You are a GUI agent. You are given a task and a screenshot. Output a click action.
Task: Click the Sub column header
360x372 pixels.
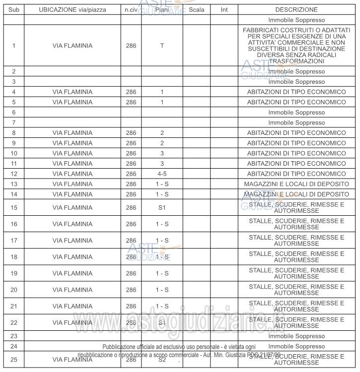(x=13, y=9)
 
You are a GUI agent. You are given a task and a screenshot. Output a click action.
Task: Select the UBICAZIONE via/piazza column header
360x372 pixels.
(x=72, y=9)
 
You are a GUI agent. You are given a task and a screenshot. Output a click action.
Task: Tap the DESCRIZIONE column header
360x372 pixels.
(x=296, y=9)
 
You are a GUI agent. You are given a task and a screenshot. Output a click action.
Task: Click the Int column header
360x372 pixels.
(x=223, y=9)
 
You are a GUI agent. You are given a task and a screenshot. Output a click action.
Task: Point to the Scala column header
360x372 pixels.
(x=197, y=9)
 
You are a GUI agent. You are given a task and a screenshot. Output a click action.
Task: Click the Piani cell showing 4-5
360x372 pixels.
(x=162, y=174)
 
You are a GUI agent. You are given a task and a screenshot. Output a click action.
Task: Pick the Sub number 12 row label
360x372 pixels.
(x=13, y=174)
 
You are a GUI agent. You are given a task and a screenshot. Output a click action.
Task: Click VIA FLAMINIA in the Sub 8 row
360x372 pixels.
(x=72, y=133)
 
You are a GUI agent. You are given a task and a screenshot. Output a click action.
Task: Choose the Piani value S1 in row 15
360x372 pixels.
(x=162, y=207)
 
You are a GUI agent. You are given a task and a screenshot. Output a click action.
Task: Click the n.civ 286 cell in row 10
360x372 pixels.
(x=131, y=154)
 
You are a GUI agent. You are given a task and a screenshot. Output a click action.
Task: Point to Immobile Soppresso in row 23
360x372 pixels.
(x=296, y=336)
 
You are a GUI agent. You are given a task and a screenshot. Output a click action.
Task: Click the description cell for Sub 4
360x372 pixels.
(x=296, y=92)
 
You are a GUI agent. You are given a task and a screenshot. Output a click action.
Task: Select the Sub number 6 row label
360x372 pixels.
(x=13, y=113)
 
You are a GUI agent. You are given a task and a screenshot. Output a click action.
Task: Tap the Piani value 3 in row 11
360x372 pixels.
(x=162, y=164)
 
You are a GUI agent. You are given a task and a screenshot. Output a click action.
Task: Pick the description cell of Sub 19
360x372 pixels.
(x=296, y=273)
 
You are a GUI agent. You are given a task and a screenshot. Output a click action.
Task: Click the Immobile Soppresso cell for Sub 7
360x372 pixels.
(x=296, y=123)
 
